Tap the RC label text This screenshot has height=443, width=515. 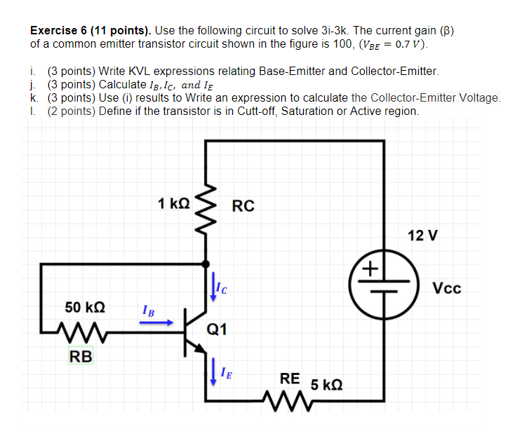tap(243, 206)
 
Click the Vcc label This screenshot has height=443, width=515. tap(447, 288)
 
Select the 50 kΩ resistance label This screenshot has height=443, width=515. tap(85, 307)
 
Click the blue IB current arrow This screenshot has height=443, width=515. tap(159, 323)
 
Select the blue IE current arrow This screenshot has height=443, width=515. tap(213, 372)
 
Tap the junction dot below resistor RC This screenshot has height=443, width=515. tap(206, 264)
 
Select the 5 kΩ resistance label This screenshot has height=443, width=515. tap(326, 385)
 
